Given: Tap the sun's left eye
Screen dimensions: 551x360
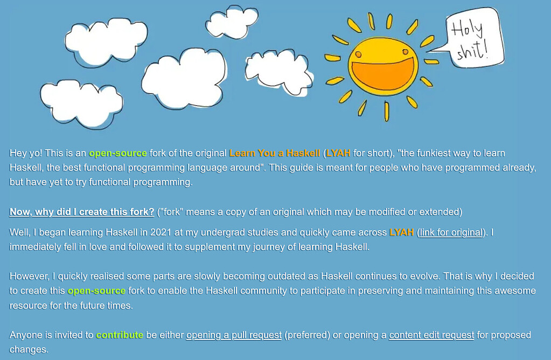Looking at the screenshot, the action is click(358, 54).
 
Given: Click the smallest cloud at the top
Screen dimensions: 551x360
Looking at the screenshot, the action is click(232, 22).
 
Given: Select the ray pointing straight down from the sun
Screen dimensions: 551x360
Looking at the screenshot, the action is click(387, 112).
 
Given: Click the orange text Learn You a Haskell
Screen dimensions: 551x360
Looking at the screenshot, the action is click(275, 153).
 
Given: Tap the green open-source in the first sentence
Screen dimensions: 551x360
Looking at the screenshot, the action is click(118, 153).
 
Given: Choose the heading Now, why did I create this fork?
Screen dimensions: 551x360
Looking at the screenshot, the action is click(81, 212).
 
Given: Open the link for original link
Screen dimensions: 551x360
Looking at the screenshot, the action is click(451, 232).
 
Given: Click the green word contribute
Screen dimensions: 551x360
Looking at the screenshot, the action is click(120, 335).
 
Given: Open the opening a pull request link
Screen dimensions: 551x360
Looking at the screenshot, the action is click(234, 335).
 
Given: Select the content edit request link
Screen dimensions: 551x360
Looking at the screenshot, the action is click(431, 335).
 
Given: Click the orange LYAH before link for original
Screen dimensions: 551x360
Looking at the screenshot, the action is click(401, 232).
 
